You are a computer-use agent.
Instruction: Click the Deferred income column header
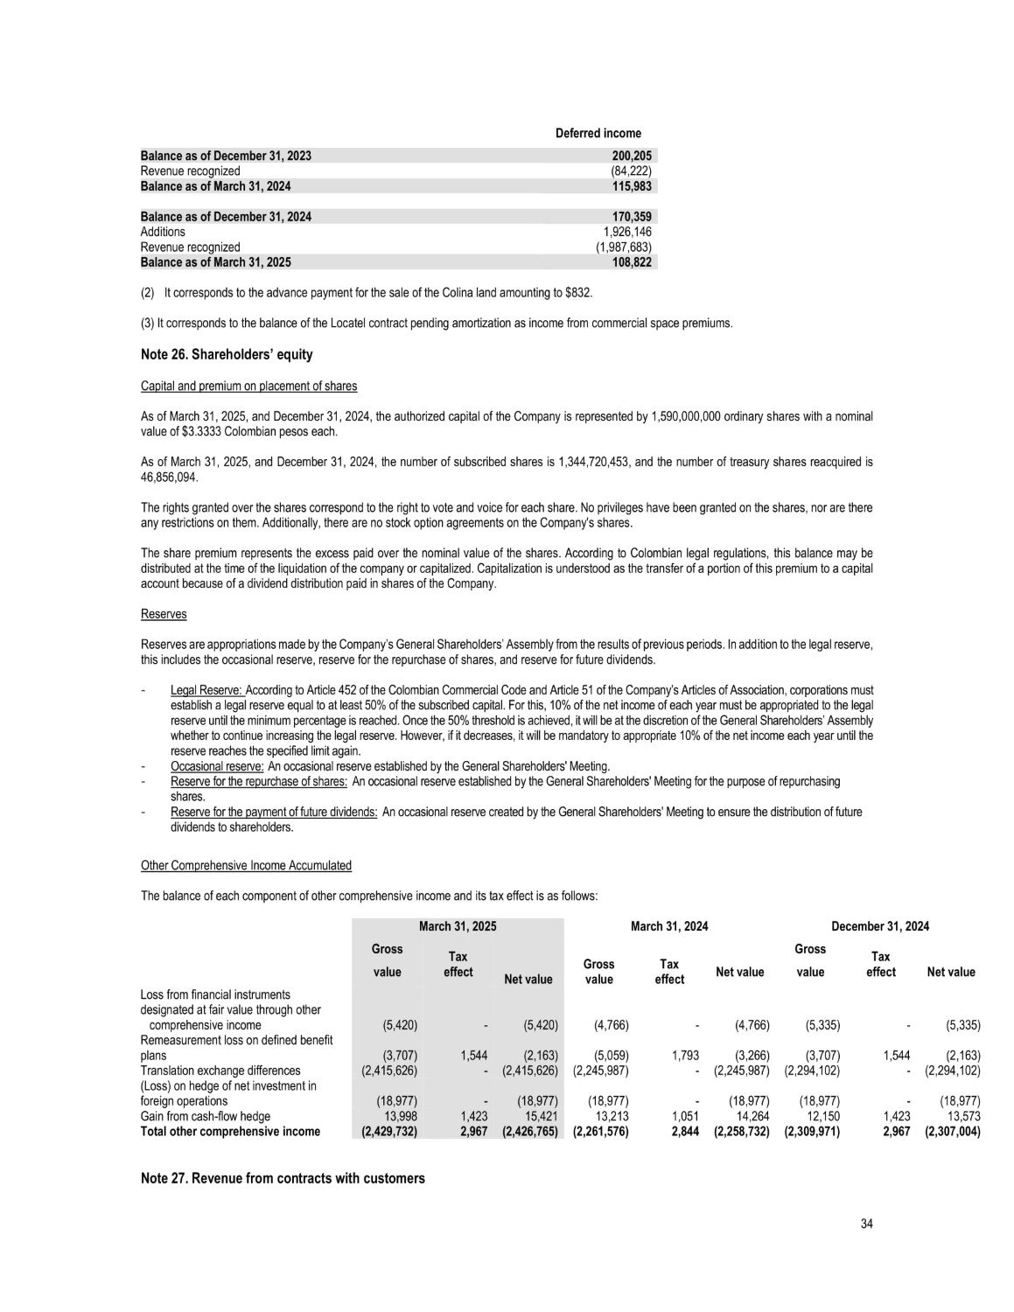598,133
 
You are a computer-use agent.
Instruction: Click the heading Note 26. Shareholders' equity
227,355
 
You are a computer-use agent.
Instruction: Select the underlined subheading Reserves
164,614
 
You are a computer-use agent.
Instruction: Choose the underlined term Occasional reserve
217,766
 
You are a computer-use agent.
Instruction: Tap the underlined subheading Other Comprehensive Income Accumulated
246,866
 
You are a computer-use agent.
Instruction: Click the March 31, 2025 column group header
457,926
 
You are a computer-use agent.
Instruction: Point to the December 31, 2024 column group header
879,926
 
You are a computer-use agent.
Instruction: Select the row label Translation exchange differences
220,1071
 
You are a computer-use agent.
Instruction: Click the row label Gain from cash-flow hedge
206,1116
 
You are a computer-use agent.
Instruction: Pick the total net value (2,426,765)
528,1131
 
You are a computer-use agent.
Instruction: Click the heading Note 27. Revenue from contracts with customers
283,1178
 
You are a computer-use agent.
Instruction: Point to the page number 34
866,1224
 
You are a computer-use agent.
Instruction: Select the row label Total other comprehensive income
230,1131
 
